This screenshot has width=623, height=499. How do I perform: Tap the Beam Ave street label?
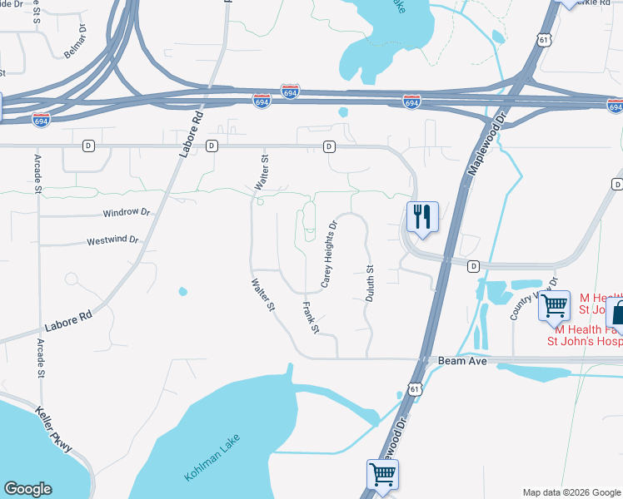(x=456, y=361)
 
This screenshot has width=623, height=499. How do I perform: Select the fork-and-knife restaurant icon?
(x=422, y=218)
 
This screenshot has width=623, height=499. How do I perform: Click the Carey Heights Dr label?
(x=329, y=254)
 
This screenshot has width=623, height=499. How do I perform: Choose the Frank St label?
(x=310, y=317)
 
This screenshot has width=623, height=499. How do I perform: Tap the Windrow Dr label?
(x=126, y=213)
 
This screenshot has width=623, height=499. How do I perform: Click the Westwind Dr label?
(x=112, y=240)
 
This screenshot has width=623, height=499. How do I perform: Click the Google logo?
(x=27, y=489)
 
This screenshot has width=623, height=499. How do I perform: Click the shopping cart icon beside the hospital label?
(x=554, y=306)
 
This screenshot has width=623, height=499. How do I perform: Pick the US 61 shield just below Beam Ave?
(x=415, y=389)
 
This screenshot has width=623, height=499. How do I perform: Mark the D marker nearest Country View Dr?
(x=473, y=266)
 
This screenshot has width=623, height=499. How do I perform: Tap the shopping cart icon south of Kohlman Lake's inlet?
(x=382, y=474)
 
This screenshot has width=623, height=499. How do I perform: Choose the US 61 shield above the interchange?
(x=543, y=39)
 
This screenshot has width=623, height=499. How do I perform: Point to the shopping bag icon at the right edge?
(x=617, y=314)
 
